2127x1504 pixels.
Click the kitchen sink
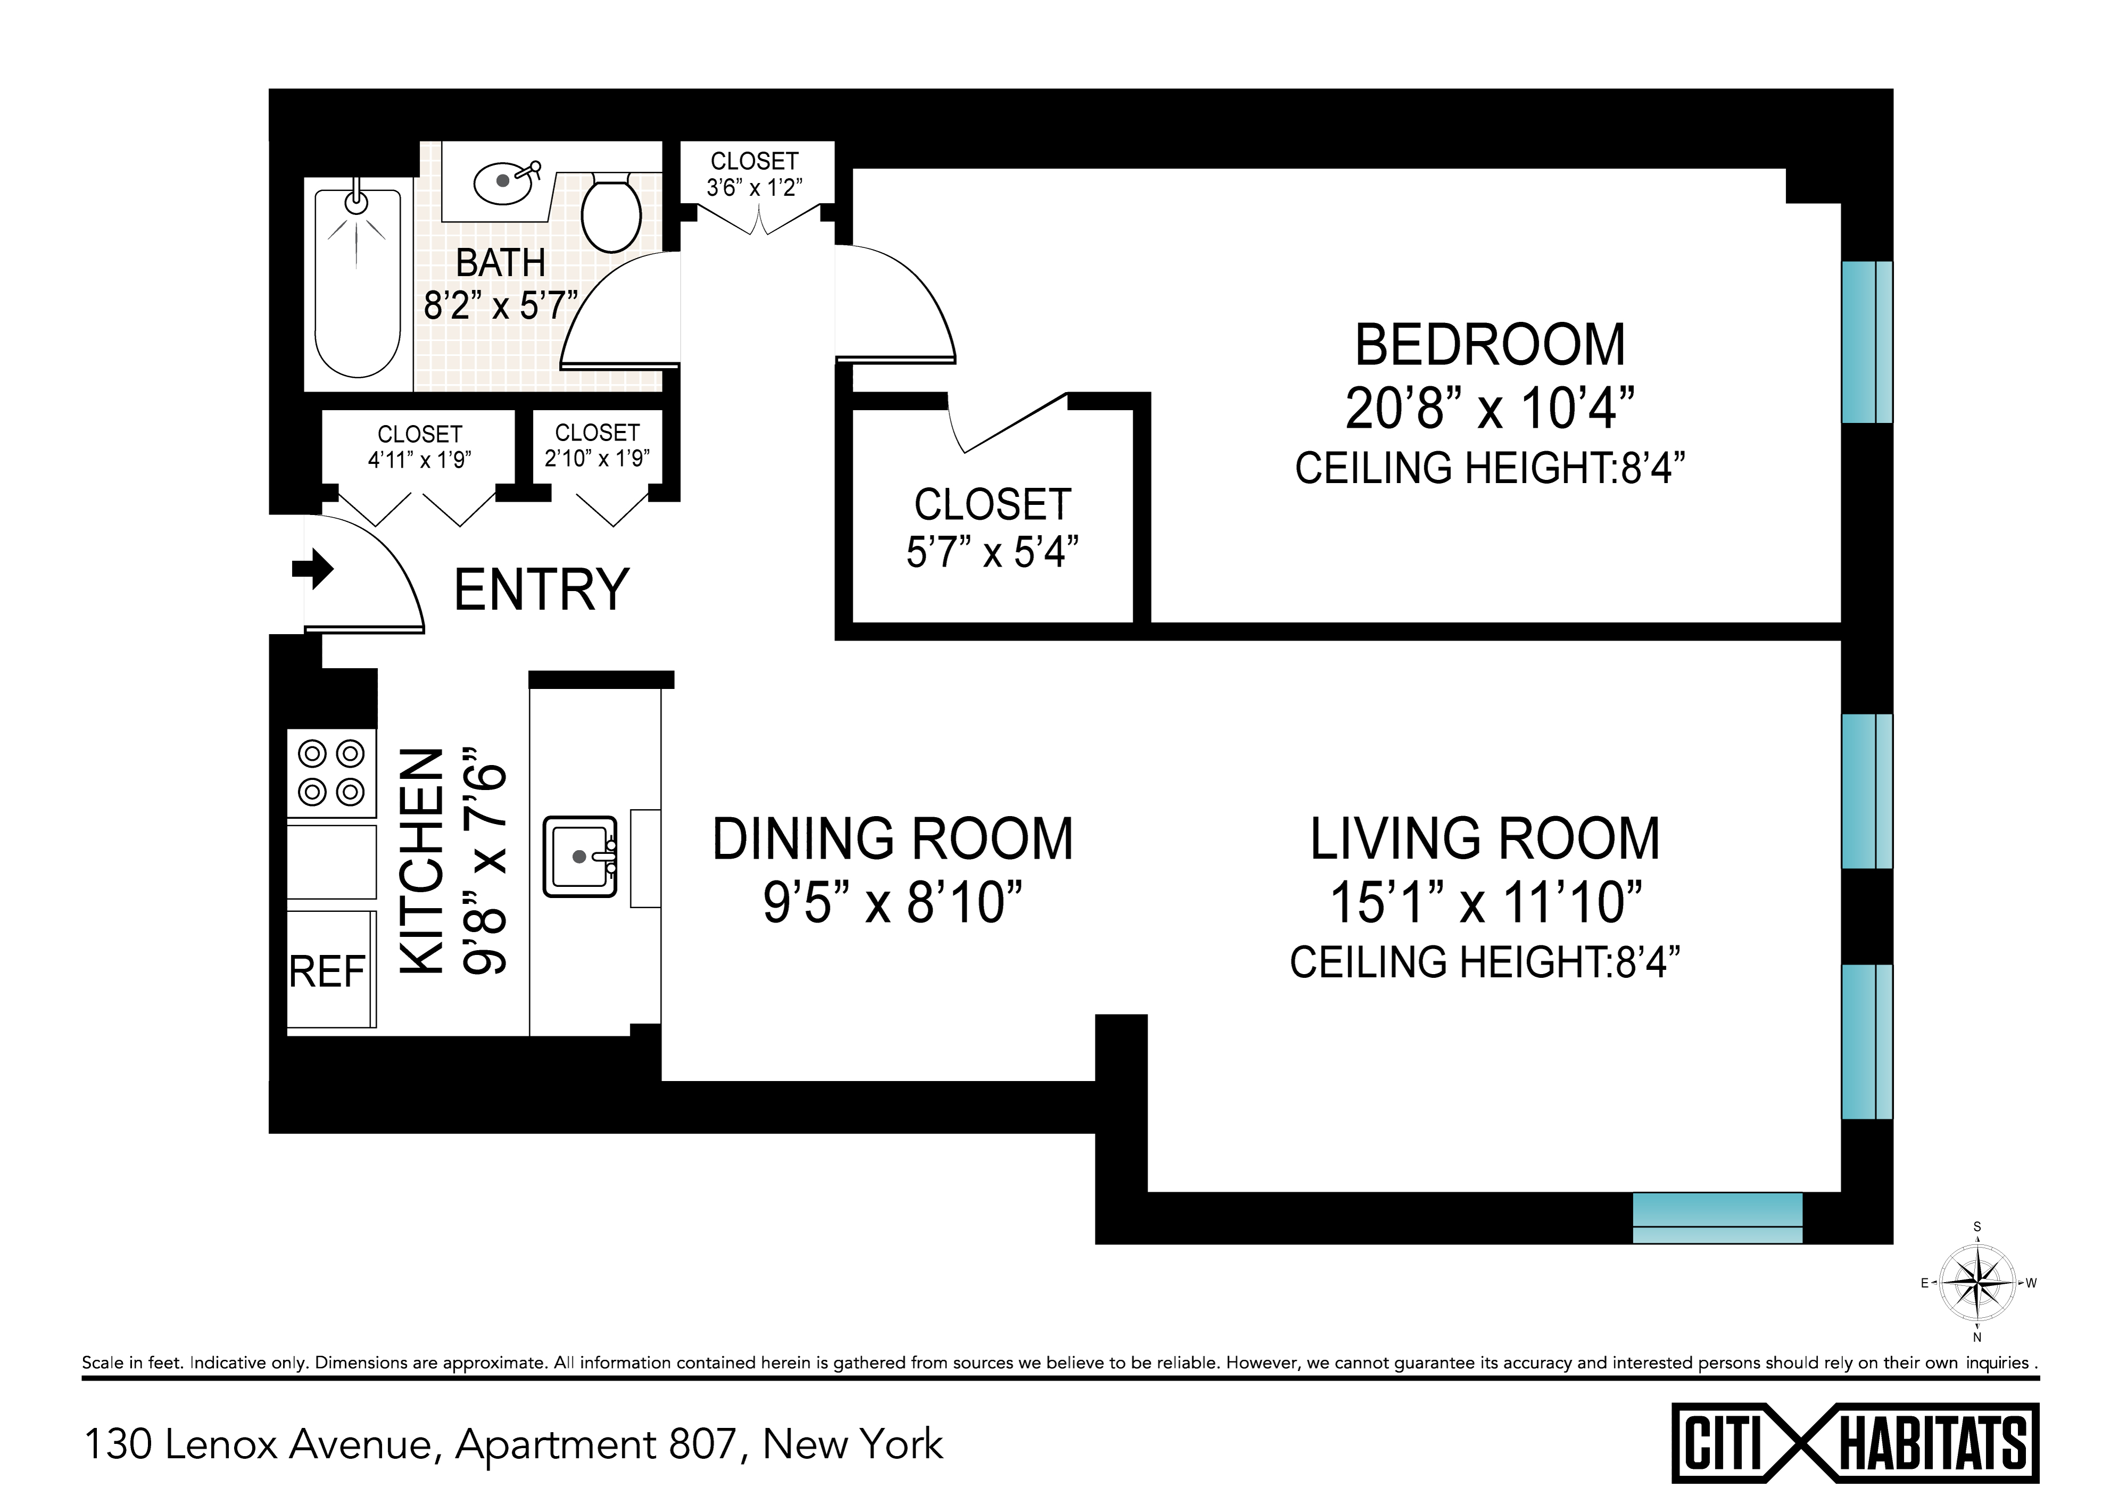pos(580,855)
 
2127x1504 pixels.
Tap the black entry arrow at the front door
pos(313,569)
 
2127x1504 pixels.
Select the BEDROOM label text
pos(1490,345)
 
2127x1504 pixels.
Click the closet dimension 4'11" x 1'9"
pos(420,459)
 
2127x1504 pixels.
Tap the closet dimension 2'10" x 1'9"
pos(597,458)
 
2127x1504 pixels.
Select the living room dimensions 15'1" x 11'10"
pos(1486,902)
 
